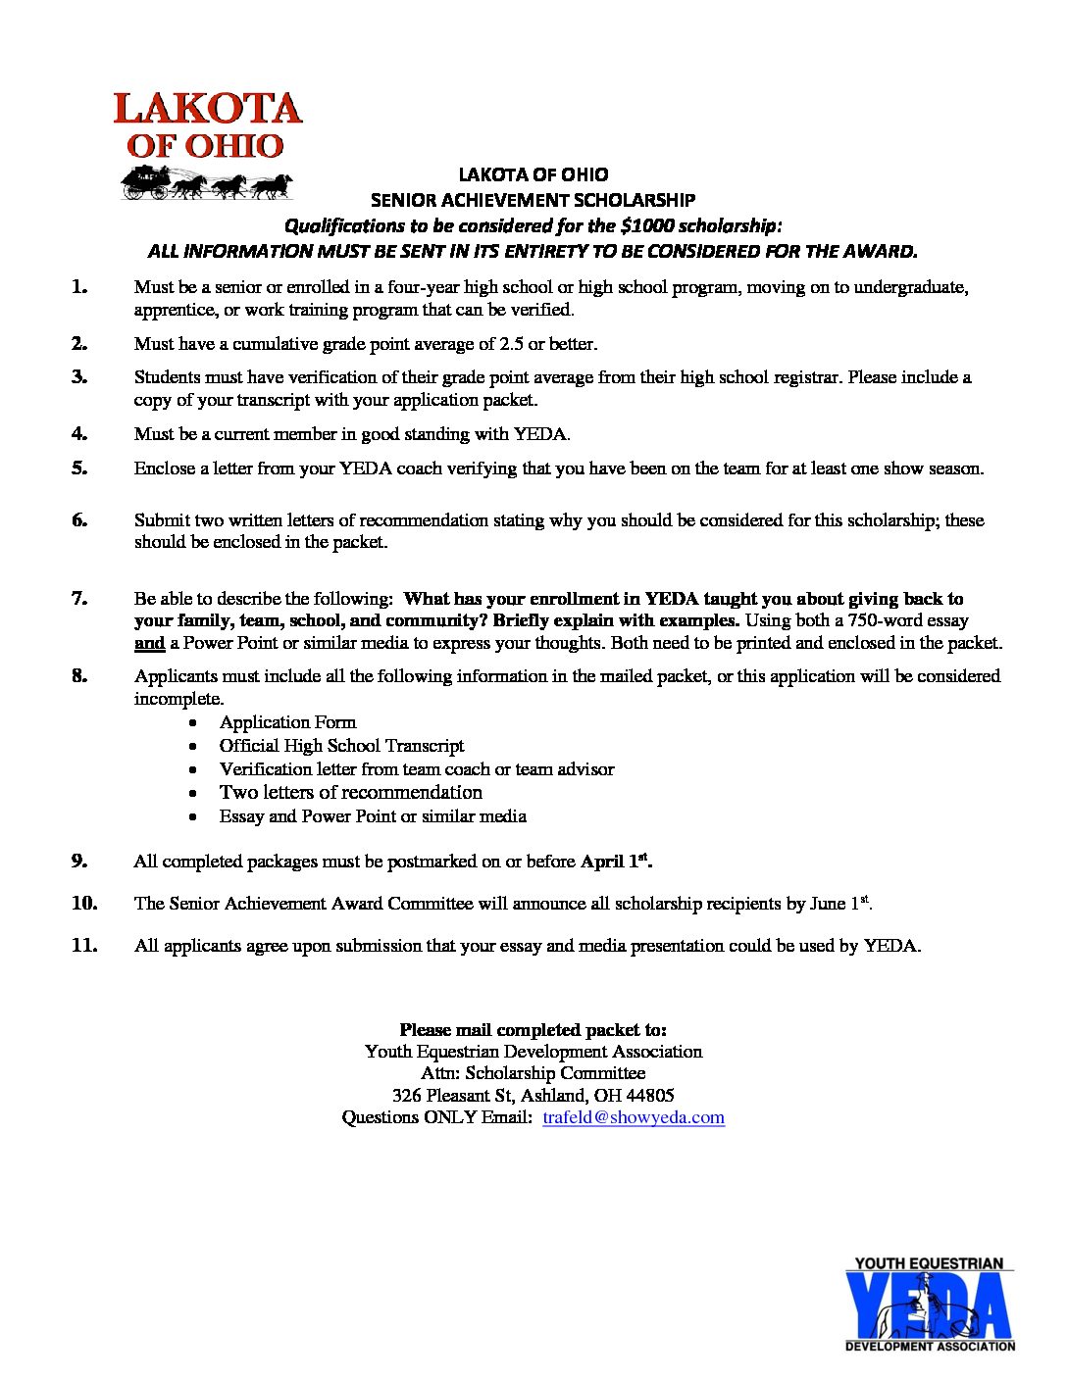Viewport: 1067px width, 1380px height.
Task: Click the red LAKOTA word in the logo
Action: (207, 109)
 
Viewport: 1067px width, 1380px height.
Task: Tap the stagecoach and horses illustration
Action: (207, 182)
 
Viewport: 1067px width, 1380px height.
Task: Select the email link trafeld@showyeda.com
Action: (634, 1117)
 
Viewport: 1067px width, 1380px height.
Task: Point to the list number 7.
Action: (79, 598)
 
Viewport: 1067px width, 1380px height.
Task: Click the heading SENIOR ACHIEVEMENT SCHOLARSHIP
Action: (533, 200)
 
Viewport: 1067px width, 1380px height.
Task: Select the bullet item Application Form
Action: (287, 722)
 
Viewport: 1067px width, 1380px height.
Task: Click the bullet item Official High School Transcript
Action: (341, 746)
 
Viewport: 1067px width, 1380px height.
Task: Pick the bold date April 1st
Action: (616, 862)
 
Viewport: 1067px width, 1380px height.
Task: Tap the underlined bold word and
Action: (149, 644)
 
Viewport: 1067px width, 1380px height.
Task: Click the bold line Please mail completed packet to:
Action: (533, 1030)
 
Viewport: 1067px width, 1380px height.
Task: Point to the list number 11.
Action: (84, 945)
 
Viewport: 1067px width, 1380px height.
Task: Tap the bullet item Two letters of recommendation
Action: (351, 792)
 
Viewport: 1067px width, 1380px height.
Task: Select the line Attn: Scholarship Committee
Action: (533, 1073)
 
